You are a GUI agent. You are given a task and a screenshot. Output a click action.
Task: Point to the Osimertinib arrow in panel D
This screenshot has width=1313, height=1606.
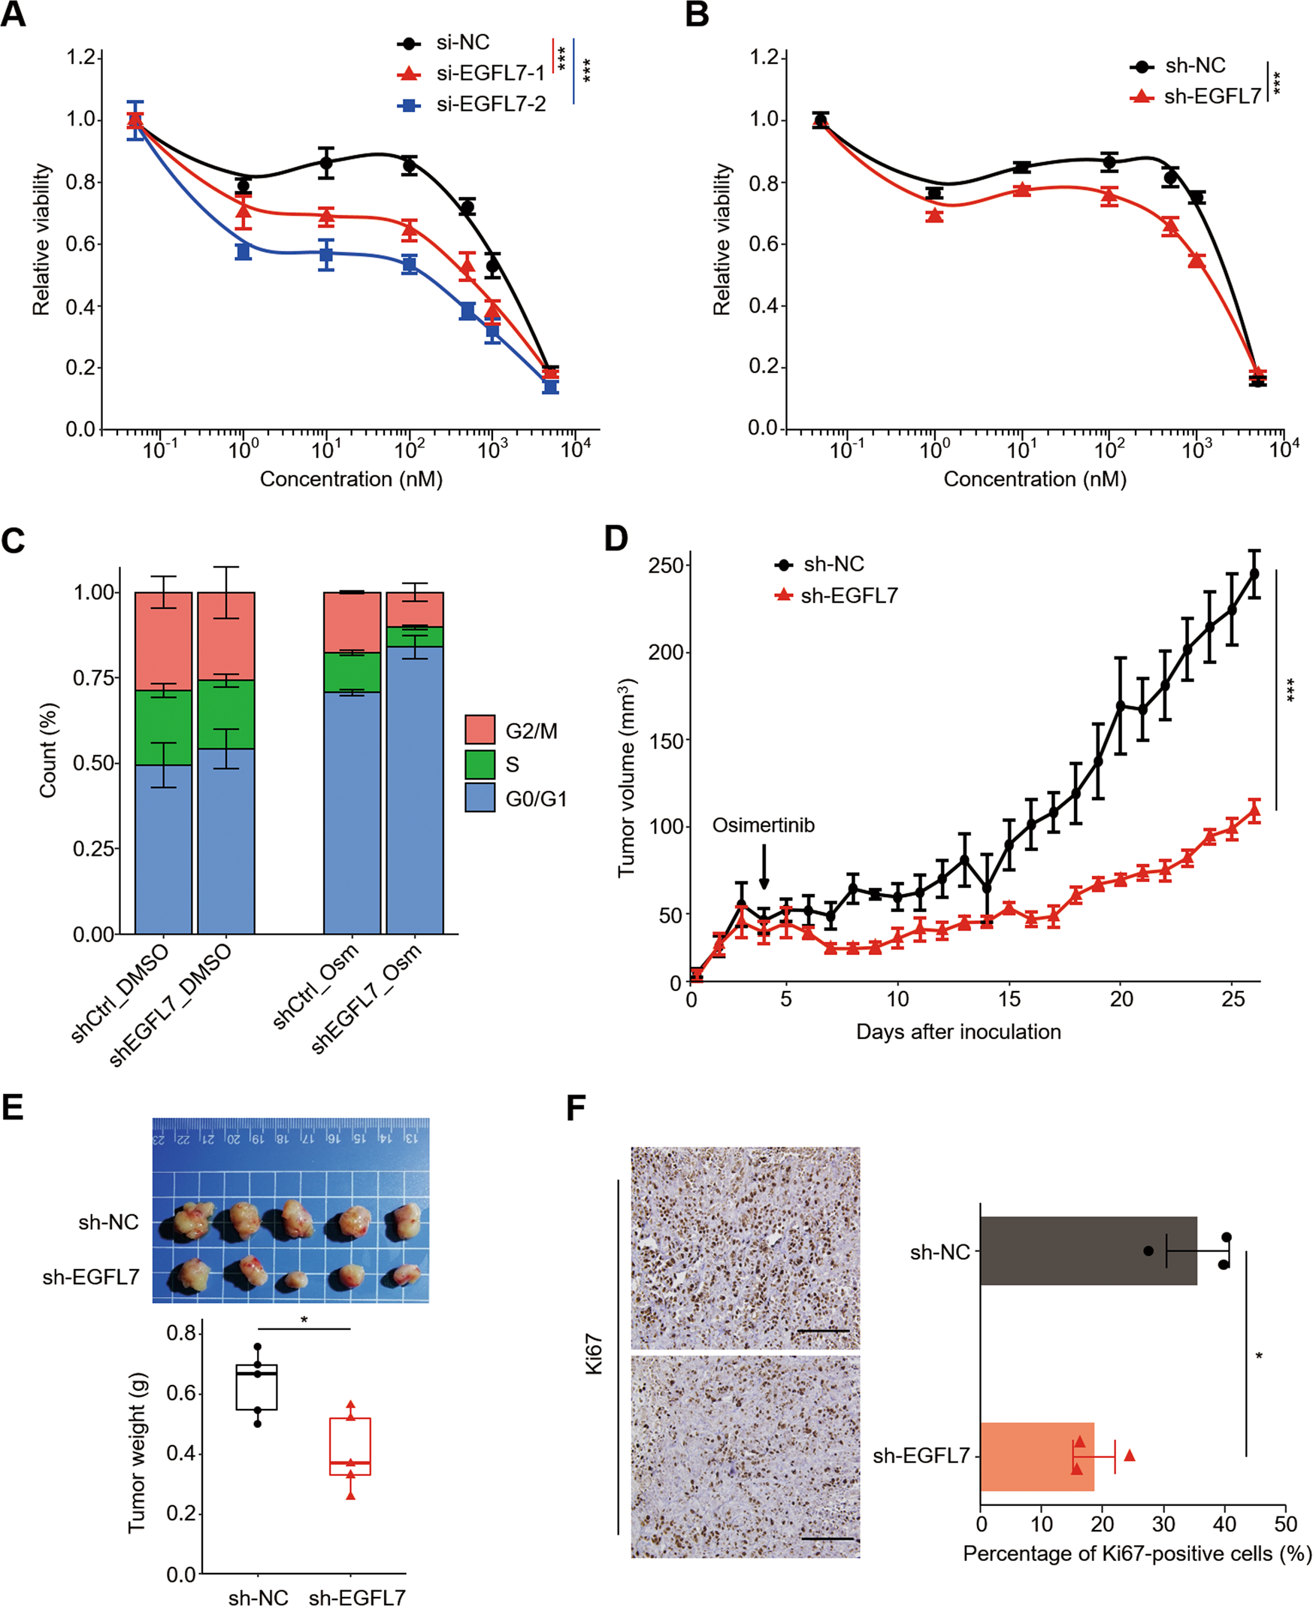[764, 867]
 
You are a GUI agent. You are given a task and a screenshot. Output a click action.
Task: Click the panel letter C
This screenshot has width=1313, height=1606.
[13, 541]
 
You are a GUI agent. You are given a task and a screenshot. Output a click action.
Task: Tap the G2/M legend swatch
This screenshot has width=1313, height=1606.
[480, 730]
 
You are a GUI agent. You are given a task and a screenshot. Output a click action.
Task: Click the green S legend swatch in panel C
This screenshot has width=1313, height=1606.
[480, 764]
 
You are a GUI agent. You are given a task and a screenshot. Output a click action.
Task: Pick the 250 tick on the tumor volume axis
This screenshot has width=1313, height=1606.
[665, 566]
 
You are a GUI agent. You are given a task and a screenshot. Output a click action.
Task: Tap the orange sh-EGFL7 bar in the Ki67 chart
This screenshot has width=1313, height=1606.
[1036, 1456]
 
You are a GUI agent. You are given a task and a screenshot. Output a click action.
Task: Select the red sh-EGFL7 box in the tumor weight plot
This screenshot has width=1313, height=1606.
[350, 1447]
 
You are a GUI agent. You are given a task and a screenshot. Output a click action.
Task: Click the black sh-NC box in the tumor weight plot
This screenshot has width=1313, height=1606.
[256, 1387]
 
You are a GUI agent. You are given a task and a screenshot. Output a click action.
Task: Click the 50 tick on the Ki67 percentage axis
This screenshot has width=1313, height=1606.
[1285, 1523]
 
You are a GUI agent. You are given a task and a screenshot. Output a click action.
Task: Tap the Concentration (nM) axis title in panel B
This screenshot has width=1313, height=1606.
[1035, 479]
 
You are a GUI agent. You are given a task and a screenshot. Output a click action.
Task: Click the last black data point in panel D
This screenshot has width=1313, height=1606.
[1254, 574]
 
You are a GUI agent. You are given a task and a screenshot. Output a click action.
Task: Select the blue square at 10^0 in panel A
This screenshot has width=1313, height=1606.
[243, 252]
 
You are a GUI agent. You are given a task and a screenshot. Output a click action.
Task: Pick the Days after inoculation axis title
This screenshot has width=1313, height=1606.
[958, 1032]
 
